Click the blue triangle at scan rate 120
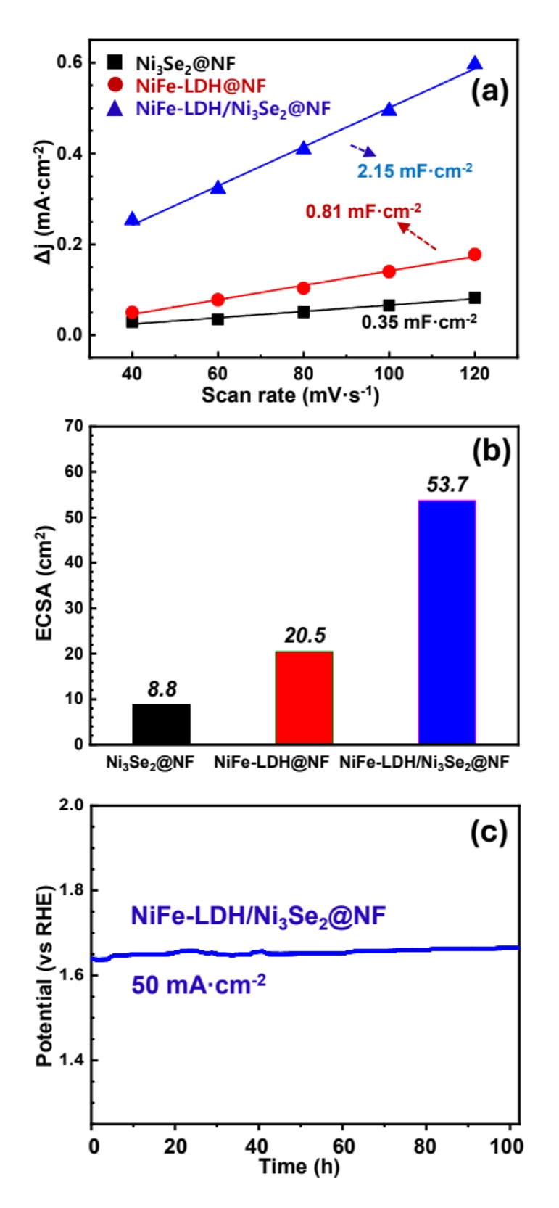[x=475, y=64]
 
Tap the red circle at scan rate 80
[x=303, y=288]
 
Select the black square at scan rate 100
[x=389, y=305]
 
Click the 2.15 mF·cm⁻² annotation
[x=414, y=171]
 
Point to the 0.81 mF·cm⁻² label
[x=363, y=211]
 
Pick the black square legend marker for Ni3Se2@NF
[x=115, y=63]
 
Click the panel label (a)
[x=489, y=91]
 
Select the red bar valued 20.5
[x=304, y=697]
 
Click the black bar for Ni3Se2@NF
[x=161, y=723]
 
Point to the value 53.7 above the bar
[x=447, y=485]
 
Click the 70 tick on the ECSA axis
[x=74, y=426]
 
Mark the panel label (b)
[x=491, y=451]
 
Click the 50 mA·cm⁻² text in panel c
[x=198, y=985]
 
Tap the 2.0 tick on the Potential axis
[x=71, y=805]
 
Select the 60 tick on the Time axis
[x=343, y=1146]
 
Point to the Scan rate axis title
[x=290, y=395]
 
